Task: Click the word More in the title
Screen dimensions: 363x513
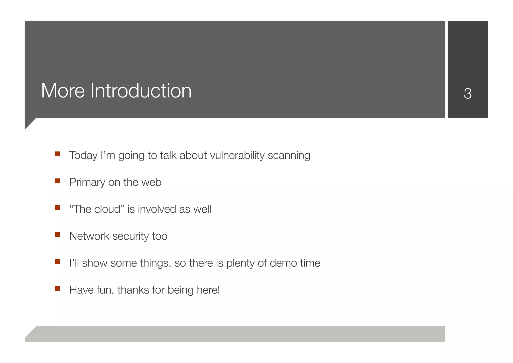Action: point(63,91)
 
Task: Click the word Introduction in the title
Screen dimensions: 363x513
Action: point(141,91)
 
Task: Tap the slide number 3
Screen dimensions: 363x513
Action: point(467,94)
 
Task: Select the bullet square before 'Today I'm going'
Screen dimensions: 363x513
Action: point(57,154)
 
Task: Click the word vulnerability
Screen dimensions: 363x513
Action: point(237,155)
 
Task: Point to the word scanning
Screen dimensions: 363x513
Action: point(289,155)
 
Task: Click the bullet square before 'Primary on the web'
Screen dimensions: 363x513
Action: point(57,181)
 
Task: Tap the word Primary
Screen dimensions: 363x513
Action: point(87,183)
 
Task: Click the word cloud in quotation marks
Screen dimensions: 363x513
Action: point(107,209)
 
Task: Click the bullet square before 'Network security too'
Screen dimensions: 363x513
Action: point(57,235)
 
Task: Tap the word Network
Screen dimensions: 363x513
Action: point(89,236)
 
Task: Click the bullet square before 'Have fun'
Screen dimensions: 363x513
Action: point(57,289)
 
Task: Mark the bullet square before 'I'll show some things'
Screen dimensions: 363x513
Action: point(57,262)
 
